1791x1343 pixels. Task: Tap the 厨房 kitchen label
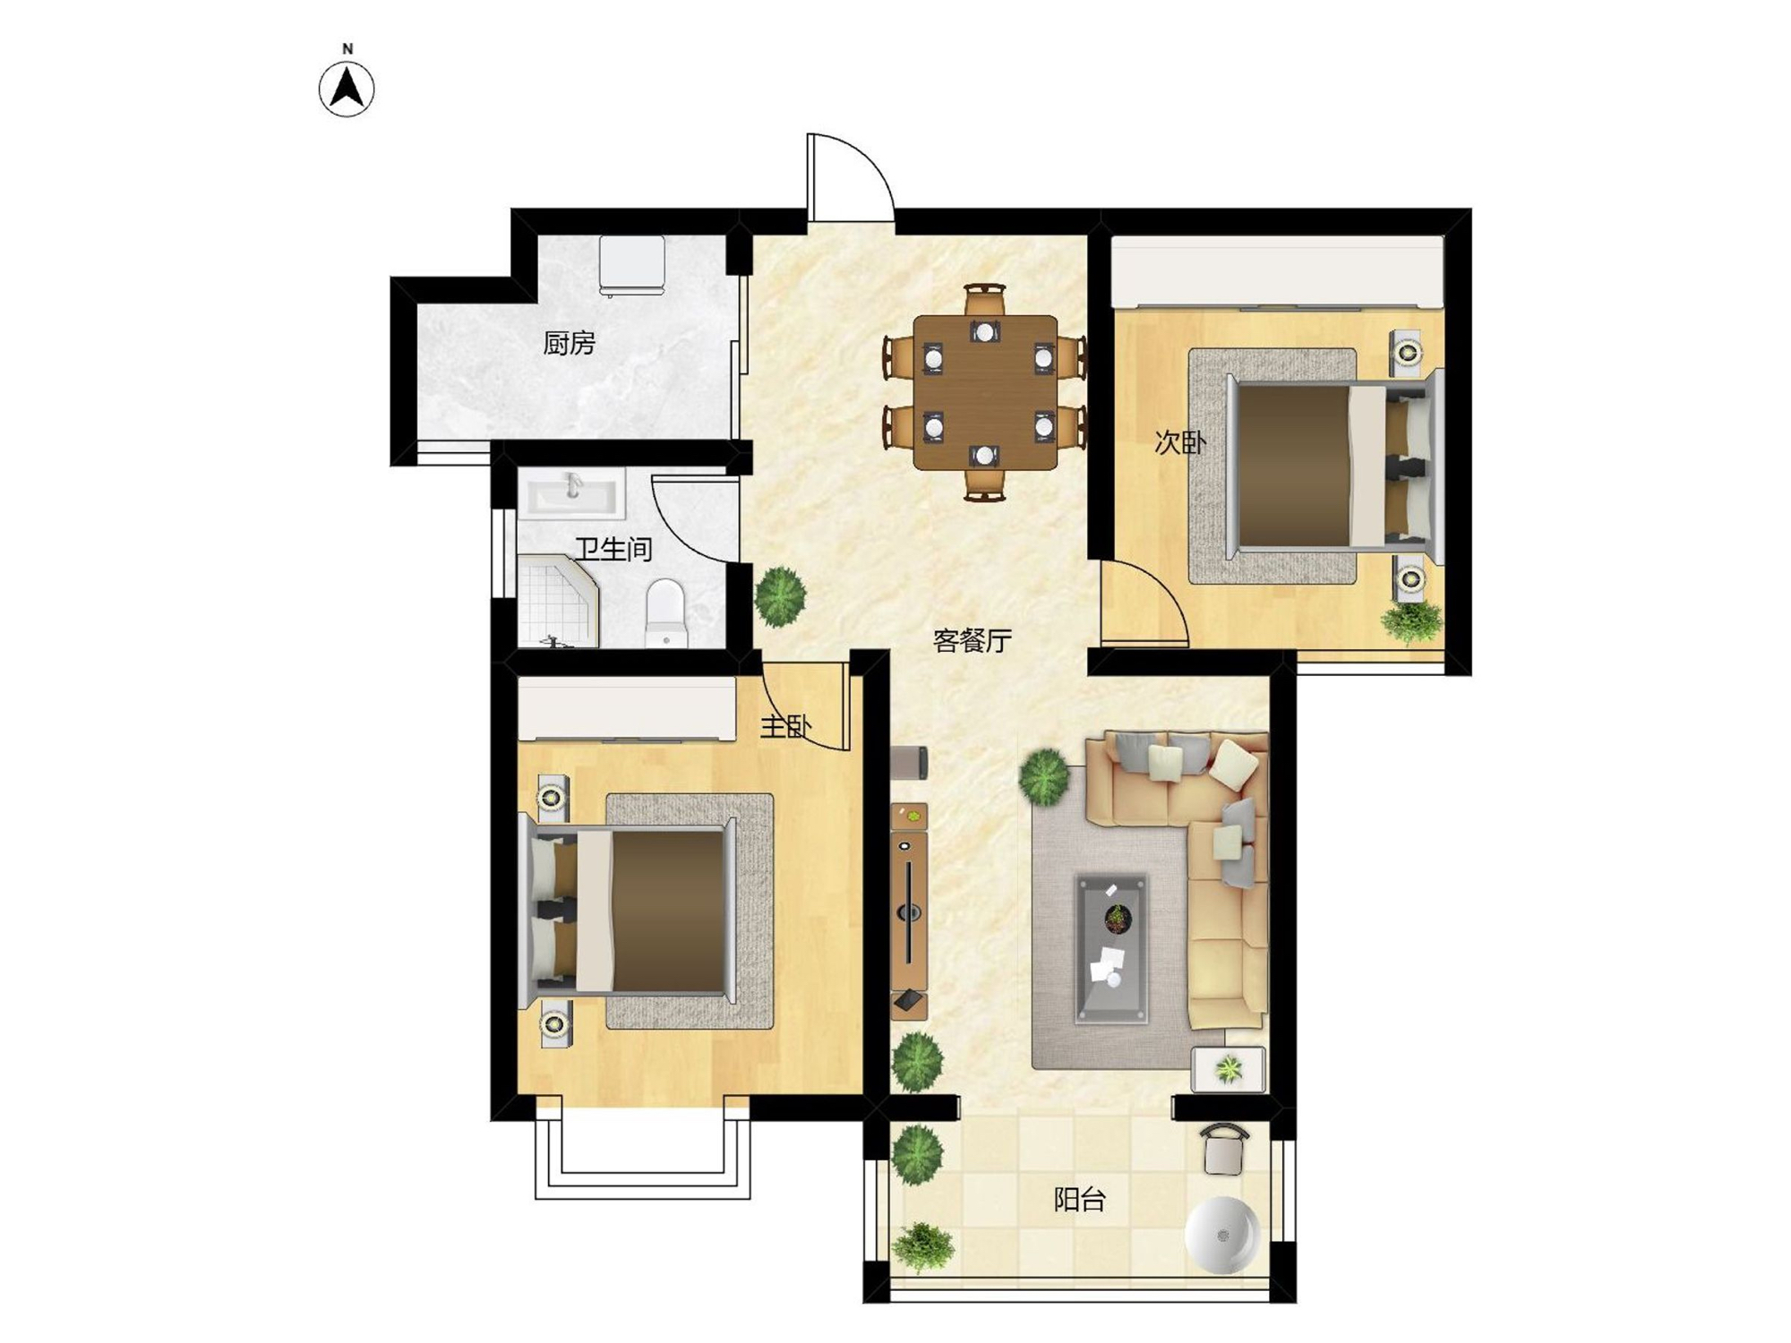(569, 343)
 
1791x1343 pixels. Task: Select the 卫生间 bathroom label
(613, 549)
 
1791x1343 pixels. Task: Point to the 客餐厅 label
(973, 640)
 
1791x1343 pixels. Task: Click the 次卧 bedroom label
(1180, 442)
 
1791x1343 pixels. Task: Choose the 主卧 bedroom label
(785, 726)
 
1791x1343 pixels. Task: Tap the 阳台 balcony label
(1079, 1199)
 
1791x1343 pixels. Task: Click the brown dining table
(985, 392)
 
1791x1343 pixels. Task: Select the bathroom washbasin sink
(573, 495)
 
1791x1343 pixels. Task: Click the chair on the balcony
(1224, 1150)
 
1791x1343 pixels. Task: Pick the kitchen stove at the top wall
(632, 266)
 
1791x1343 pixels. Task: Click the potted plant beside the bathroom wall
(780, 595)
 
